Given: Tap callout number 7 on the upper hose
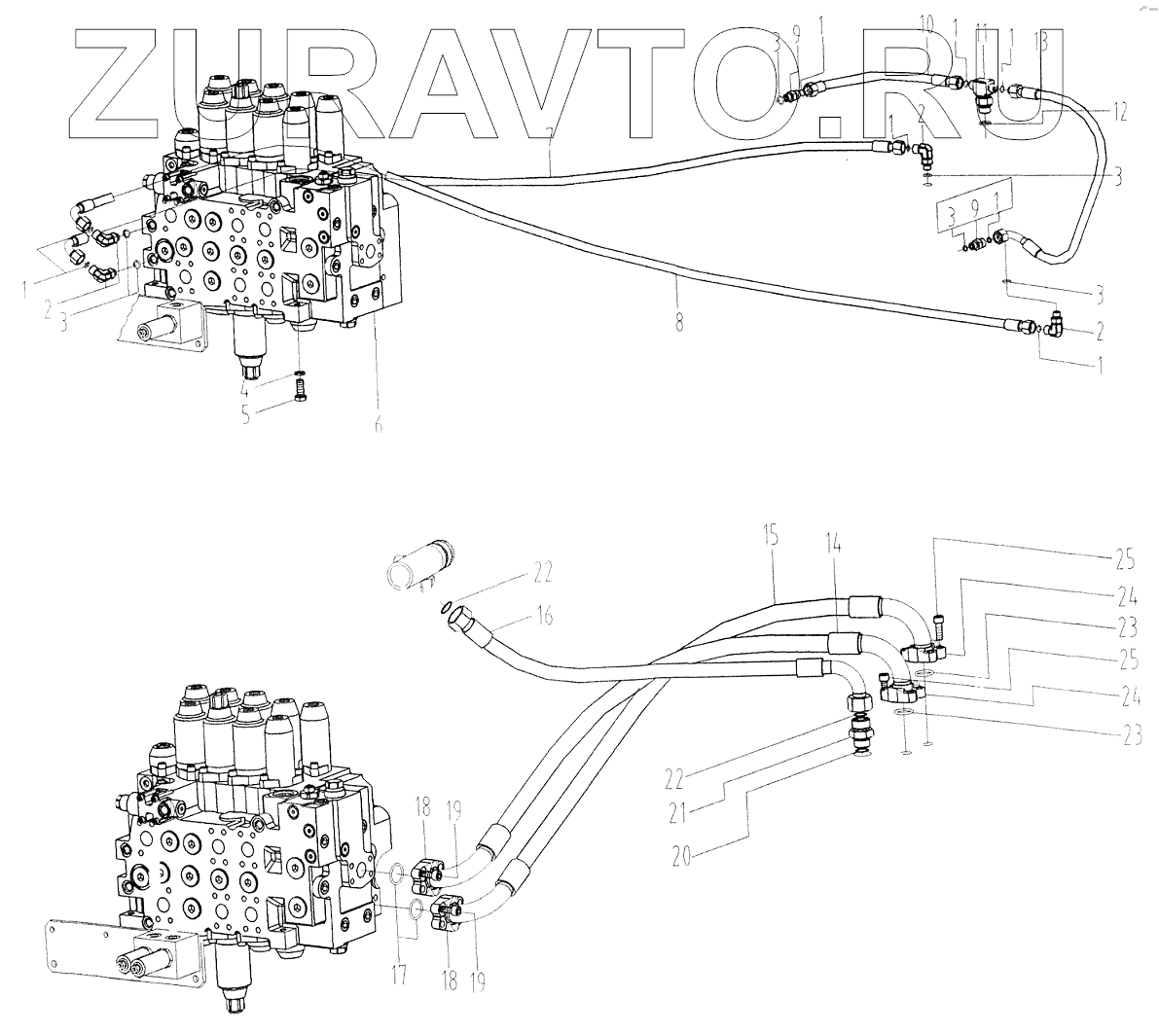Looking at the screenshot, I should coord(551,143).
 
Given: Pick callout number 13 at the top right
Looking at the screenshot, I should coord(1041,41).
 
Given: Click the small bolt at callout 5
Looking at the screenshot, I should coord(300,394).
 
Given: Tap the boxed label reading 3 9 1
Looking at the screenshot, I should coord(977,207).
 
